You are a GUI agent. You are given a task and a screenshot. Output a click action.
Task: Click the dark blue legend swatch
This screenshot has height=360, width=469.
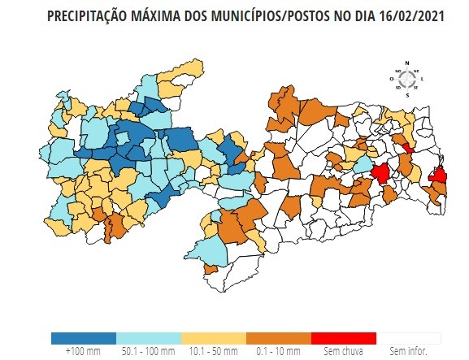pos(83,338)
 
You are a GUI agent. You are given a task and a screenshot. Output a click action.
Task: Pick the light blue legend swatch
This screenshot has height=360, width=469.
pos(149,338)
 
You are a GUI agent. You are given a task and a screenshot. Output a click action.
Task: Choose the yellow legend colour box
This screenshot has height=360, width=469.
pos(214,338)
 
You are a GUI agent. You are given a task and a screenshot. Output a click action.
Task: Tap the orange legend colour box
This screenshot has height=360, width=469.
pos(279,338)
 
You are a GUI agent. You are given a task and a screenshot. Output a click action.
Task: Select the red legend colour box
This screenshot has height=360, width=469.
pos(344,338)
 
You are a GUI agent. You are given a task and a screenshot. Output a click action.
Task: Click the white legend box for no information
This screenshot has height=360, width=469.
pos(409,338)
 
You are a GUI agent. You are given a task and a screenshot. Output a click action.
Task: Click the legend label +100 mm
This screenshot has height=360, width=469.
pos(83,352)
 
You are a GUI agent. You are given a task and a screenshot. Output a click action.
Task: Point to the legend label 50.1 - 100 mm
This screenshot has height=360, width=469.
pos(148,352)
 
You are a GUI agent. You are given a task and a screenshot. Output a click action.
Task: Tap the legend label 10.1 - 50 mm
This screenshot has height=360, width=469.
pos(214,352)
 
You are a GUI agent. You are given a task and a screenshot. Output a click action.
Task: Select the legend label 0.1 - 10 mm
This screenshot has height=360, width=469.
pos(279,352)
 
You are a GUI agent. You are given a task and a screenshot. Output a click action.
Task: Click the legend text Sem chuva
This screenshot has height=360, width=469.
pos(343,352)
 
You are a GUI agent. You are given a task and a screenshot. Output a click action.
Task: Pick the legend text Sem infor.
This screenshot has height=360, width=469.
pos(408,352)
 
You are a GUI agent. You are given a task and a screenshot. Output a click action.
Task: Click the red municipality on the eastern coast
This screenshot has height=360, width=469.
pos(437,174)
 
